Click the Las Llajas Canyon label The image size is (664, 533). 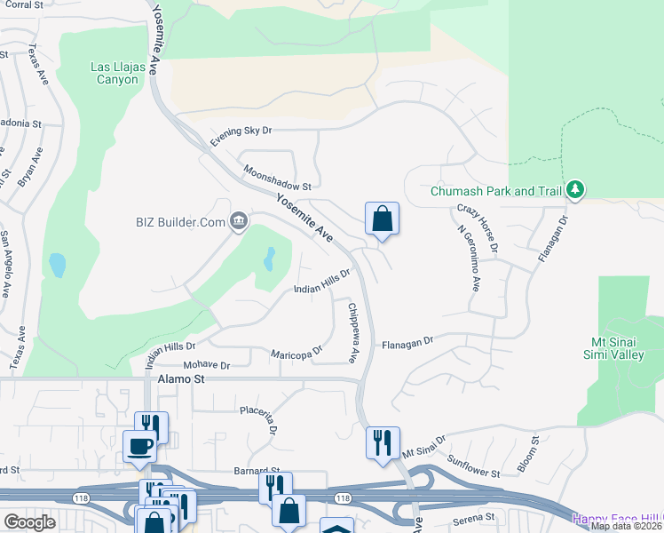click(115, 73)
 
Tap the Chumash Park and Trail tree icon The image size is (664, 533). click(576, 189)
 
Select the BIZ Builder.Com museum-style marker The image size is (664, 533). click(238, 221)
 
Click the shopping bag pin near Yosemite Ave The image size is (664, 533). click(382, 219)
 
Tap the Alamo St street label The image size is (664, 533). click(181, 378)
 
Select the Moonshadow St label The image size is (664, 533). click(277, 180)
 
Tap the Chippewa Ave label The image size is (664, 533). click(352, 333)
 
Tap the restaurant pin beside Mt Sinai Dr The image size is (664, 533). click(383, 442)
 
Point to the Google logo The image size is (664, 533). click(29, 522)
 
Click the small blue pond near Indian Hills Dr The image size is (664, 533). click(269, 259)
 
